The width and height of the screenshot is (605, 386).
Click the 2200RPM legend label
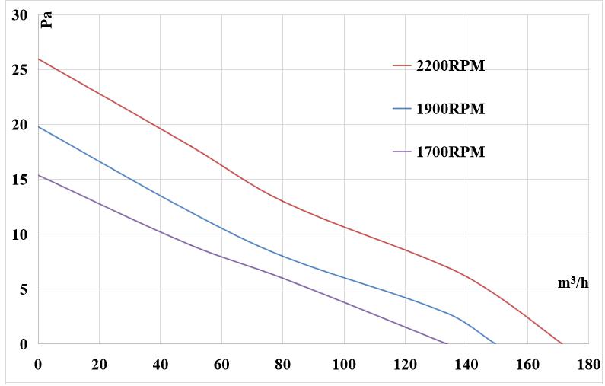pos(450,66)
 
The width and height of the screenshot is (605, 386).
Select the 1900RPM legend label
pos(450,109)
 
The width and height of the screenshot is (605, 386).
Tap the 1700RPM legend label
pos(450,152)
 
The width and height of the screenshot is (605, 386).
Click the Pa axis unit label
pos(46,18)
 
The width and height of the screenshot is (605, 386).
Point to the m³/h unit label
pos(572,283)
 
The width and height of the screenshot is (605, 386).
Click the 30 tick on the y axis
pos(19,15)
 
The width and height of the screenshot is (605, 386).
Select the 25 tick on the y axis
pos(19,70)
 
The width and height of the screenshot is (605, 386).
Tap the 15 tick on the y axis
pos(19,180)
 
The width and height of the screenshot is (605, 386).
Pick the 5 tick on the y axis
pos(23,289)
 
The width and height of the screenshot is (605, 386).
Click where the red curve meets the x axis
pos(562,343)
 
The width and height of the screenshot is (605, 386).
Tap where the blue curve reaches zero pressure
pos(495,343)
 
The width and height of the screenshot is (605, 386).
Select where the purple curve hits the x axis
pos(447,343)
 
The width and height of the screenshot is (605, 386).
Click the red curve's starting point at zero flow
pos(39,59)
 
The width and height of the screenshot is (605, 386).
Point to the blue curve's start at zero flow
pos(39,126)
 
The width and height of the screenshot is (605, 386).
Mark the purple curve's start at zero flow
pos(39,175)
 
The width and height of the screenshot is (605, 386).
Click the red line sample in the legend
pos(402,66)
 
